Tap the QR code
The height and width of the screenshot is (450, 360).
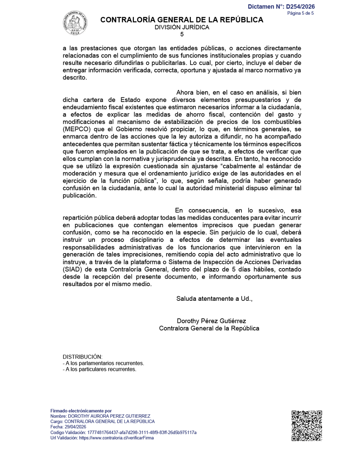pyautogui.click(x=307, y=425)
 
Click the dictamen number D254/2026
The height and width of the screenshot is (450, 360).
pyautogui.click(x=300, y=7)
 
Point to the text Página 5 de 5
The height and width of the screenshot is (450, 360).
pyautogui.click(x=300, y=13)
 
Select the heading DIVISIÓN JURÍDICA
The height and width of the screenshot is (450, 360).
pyautogui.click(x=182, y=27)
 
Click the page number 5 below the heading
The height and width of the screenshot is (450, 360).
pyautogui.click(x=182, y=34)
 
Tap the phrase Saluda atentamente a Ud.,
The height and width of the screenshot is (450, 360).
pyautogui.click(x=214, y=299)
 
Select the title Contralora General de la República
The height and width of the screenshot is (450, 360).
pyautogui.click(x=209, y=328)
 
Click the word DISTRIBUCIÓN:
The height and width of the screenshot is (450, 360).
pyautogui.click(x=82, y=357)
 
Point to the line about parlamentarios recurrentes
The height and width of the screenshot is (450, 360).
pyautogui.click(x=103, y=363)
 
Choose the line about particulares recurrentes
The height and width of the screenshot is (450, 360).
pyautogui.click(x=99, y=369)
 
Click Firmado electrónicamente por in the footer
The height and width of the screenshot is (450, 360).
pyautogui.click(x=81, y=411)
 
